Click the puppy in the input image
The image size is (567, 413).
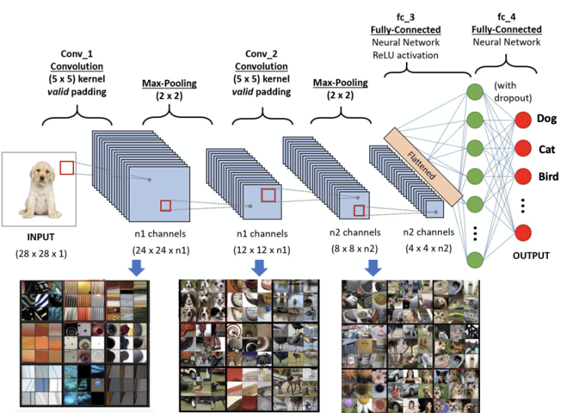point(35,190)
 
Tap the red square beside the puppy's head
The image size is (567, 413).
point(67,168)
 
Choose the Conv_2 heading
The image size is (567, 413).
point(261,55)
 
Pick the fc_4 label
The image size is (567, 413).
point(507,18)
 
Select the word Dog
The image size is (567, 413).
point(546,119)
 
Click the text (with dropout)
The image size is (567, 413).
point(516,86)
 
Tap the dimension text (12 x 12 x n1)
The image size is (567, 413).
point(261,249)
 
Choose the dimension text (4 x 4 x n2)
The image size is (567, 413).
point(429,248)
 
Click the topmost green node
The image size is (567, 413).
point(474,93)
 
